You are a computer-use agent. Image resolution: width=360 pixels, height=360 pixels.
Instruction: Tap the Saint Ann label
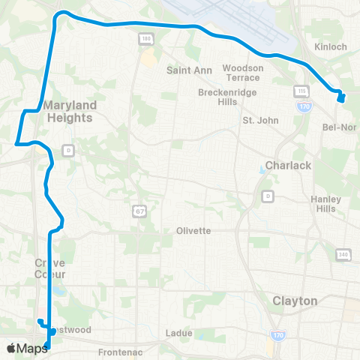click(184, 70)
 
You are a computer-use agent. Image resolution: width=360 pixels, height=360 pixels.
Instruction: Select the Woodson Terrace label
click(243, 73)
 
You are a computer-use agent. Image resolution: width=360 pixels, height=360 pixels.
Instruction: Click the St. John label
click(260, 120)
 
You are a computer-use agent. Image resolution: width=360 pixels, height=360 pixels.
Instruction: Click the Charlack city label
click(283, 165)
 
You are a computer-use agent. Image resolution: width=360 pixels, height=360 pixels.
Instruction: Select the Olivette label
click(193, 230)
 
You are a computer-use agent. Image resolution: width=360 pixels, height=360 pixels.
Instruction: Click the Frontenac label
click(119, 352)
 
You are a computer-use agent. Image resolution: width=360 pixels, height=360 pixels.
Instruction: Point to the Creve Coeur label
click(49, 268)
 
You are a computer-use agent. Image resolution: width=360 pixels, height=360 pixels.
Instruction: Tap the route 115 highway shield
click(301, 90)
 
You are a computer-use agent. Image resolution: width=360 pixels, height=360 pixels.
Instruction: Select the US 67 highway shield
click(139, 211)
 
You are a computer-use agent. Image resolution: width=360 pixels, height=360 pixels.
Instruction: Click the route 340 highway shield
click(344, 255)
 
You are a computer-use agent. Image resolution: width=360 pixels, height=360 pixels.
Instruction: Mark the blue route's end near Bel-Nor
click(340, 98)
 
